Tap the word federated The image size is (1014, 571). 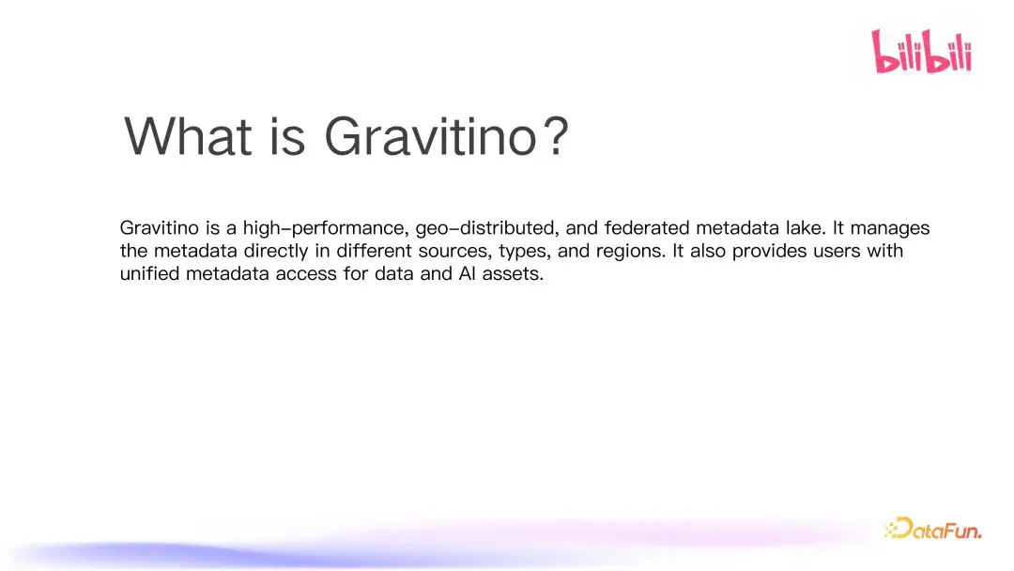point(650,228)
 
